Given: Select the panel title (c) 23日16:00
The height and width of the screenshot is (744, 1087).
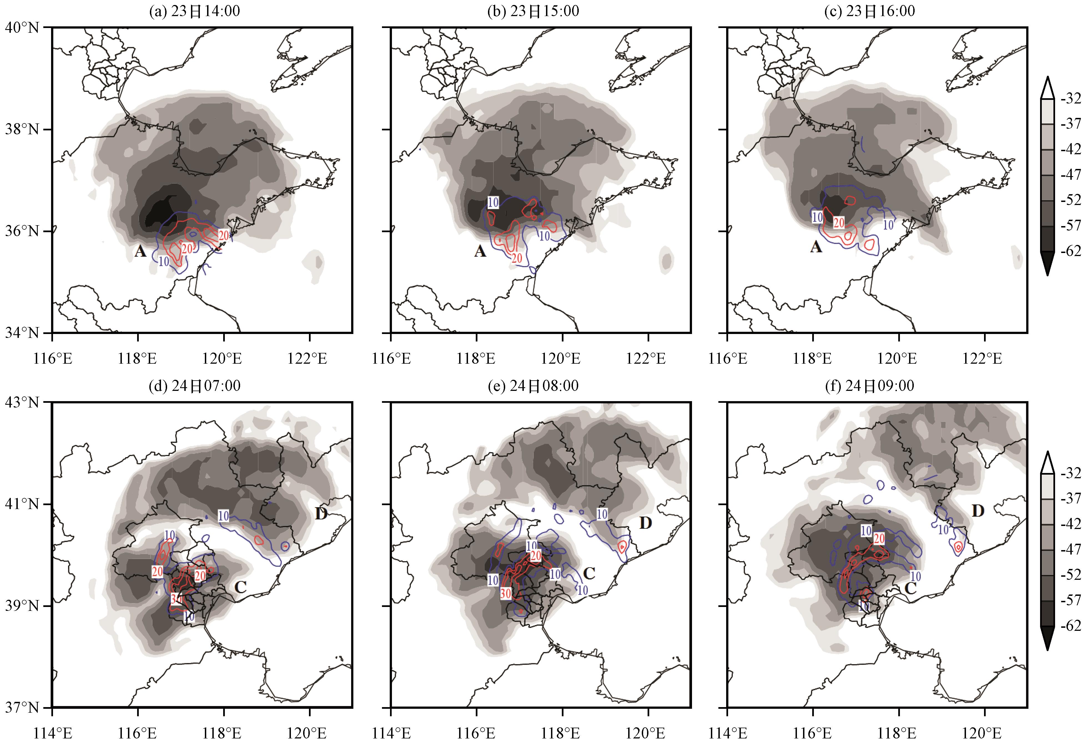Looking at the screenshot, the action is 869,11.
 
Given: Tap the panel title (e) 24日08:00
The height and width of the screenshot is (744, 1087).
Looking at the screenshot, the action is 533,386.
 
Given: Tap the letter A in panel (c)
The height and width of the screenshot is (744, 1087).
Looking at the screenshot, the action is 816,246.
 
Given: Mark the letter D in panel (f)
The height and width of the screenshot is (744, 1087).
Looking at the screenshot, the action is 978,511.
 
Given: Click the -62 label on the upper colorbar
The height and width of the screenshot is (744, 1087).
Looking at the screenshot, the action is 1071,251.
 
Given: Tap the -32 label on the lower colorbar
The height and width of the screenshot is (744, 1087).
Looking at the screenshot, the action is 1071,474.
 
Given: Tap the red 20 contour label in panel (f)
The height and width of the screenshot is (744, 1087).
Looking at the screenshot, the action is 879,539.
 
